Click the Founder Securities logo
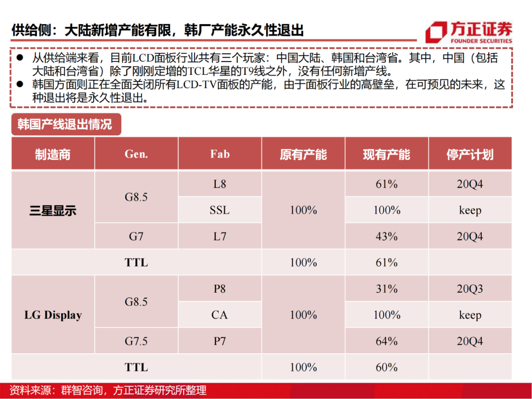(x=468, y=32)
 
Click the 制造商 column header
(x=53, y=155)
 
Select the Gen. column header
(x=136, y=154)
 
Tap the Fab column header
(x=220, y=154)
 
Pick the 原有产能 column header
(x=303, y=155)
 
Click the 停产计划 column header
(x=470, y=155)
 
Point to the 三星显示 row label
(x=53, y=211)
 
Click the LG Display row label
(x=53, y=315)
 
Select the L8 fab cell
(x=220, y=184)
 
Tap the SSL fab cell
(x=220, y=210)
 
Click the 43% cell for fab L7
(x=387, y=236)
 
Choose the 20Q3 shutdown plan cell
(x=470, y=289)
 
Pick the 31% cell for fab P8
(x=387, y=289)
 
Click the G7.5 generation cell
(x=136, y=341)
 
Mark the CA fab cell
(x=220, y=315)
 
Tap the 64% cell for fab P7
(x=387, y=341)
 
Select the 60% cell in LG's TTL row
(x=387, y=367)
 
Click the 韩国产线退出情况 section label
(x=65, y=124)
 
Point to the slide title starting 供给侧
(x=158, y=30)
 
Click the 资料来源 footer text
(x=108, y=391)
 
